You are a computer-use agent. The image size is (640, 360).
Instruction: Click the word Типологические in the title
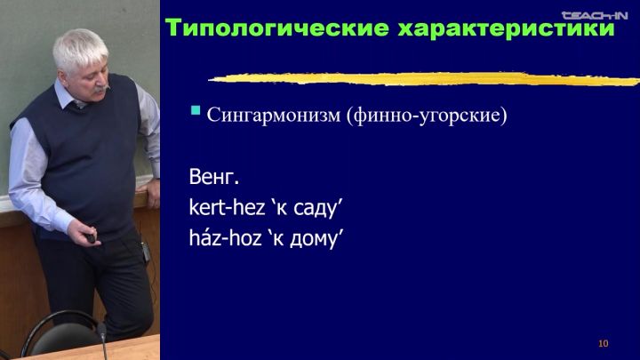coord(277,28)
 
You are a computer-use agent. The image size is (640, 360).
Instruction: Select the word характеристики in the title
coord(506,29)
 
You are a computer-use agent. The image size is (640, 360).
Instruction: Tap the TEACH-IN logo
coord(595,15)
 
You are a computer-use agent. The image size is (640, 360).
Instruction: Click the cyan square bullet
coord(196,110)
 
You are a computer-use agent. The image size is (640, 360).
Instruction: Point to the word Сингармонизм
coord(274,115)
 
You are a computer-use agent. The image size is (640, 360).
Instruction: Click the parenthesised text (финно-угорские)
coord(427,116)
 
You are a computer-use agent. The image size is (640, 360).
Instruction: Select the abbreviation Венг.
coord(214,177)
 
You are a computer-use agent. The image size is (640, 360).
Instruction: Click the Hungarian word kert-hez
coord(227,207)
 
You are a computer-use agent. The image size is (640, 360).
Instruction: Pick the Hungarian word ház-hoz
coord(225,237)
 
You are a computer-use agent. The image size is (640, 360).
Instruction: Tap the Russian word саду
coord(315,209)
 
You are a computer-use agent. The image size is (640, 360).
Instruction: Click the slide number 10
coord(604,344)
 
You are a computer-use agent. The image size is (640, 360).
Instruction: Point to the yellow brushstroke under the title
coord(424,79)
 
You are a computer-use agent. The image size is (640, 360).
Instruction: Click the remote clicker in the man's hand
coord(90,237)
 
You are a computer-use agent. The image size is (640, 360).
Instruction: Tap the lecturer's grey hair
coord(79,48)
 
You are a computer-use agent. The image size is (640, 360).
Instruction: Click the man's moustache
coord(101,88)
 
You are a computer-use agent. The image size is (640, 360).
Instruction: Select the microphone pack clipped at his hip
coord(146,252)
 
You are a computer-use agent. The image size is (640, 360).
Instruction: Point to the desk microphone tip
coord(101,330)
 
